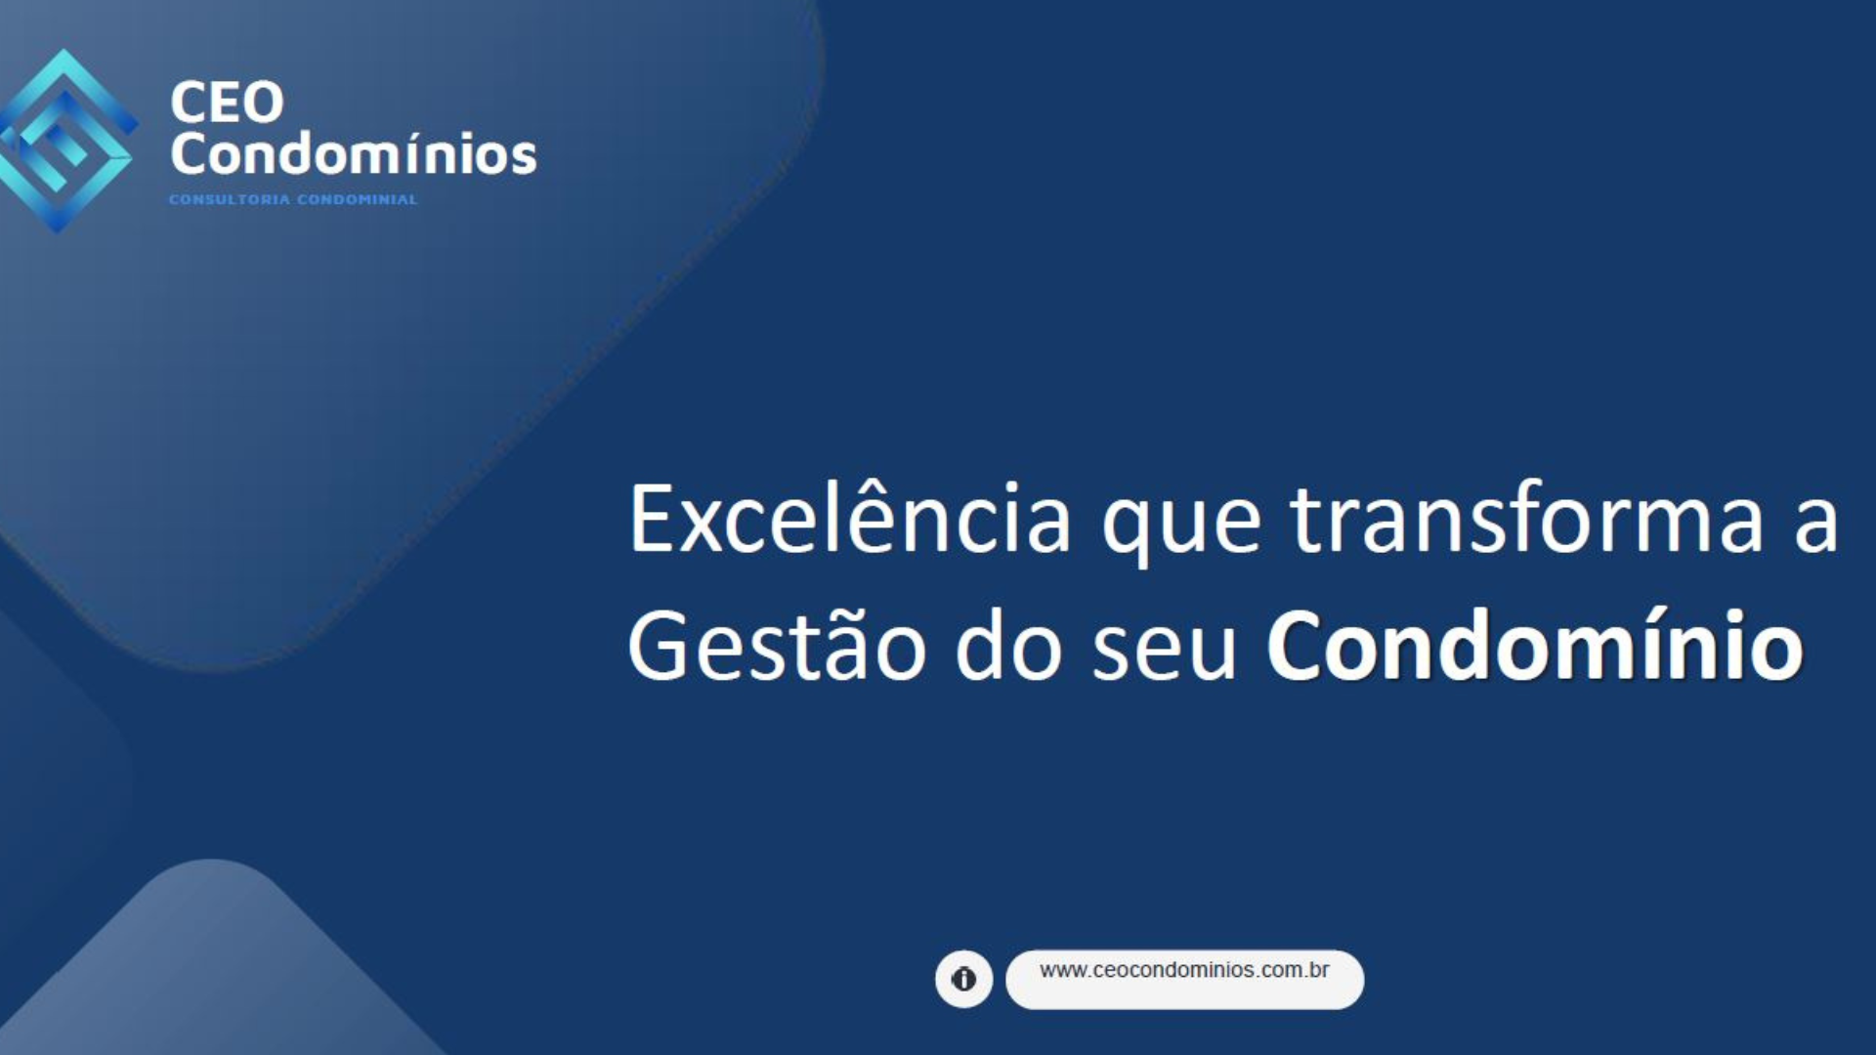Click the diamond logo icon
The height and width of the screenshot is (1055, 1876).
pos(64,141)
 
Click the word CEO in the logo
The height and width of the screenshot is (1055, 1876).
pos(227,103)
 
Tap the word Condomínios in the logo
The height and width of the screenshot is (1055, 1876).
pos(354,153)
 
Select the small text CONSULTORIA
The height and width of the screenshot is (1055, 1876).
pos(230,199)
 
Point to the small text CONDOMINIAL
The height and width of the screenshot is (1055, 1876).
pos(358,199)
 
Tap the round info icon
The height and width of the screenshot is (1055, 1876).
pos(963,979)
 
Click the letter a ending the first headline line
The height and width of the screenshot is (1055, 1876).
pos(1815,527)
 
